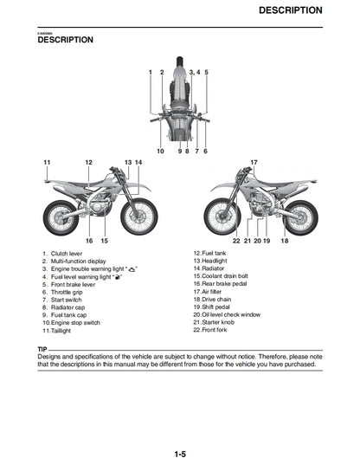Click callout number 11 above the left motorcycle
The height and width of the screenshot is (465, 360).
(47, 163)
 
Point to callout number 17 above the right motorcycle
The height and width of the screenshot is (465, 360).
(254, 163)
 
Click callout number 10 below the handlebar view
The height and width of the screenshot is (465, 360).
(160, 152)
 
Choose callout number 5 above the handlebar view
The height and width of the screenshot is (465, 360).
(207, 73)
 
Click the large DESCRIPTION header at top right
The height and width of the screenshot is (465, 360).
(291, 10)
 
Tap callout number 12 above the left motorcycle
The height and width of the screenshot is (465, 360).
(88, 163)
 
